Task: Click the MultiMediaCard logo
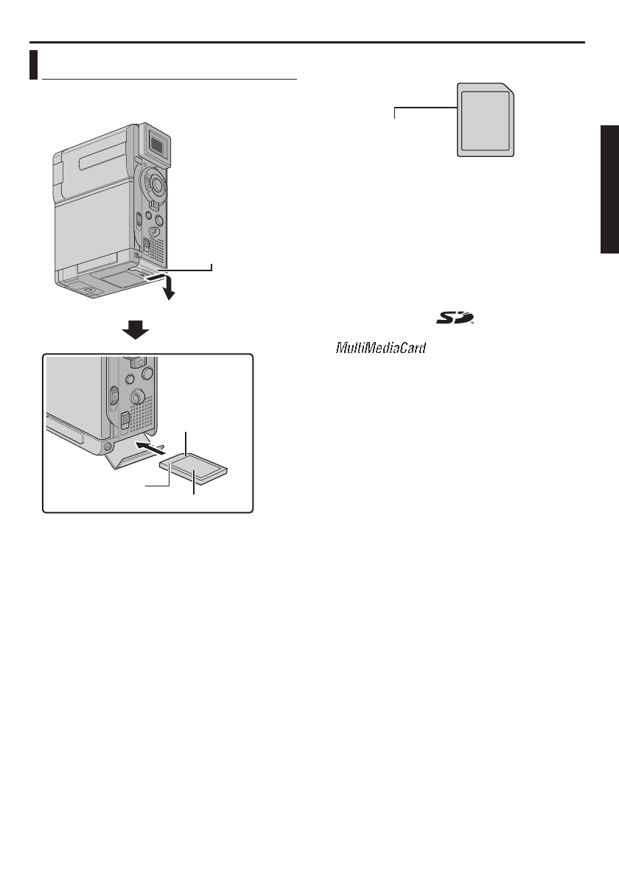coord(381,347)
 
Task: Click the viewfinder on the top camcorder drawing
coord(155,139)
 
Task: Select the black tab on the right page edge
coord(609,189)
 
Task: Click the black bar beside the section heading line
coord(33,64)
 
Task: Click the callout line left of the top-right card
coord(424,109)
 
